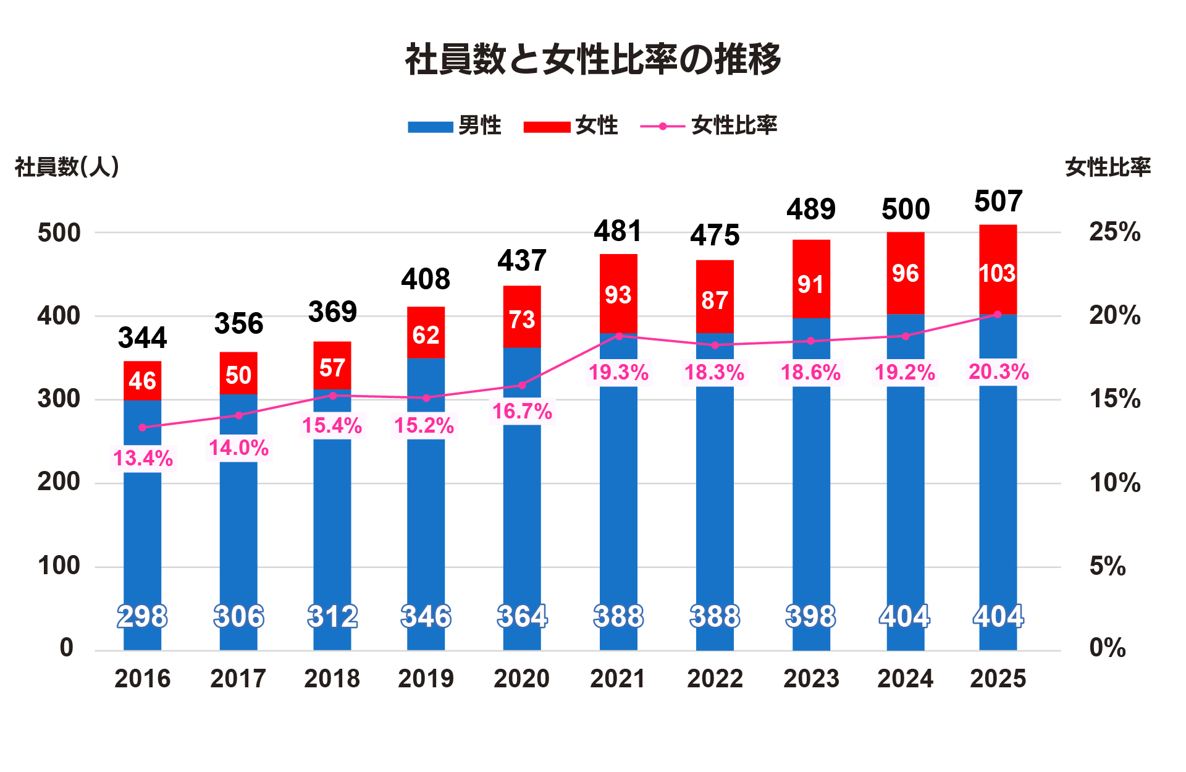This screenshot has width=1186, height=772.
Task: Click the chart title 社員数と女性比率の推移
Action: [x=593, y=60]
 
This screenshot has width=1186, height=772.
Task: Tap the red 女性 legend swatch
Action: [x=547, y=127]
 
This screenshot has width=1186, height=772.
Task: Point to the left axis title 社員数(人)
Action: [x=67, y=167]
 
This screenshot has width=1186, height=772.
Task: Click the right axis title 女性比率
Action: [x=1108, y=167]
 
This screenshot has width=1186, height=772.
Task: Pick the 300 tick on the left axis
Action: [x=59, y=399]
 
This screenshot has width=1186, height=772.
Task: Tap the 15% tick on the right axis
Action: [x=1114, y=399]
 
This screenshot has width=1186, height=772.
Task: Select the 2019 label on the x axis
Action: [x=426, y=679]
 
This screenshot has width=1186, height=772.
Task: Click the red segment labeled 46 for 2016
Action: [x=142, y=380]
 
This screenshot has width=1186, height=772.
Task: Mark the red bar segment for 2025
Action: [x=998, y=269]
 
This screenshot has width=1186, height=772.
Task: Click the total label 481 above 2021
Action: [x=618, y=231]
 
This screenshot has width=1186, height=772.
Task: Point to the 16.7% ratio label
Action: [x=522, y=411]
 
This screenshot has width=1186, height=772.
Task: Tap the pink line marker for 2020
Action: [x=522, y=385]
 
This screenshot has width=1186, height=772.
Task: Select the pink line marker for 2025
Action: [x=997, y=315]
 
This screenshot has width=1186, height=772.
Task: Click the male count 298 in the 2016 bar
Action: [x=142, y=616]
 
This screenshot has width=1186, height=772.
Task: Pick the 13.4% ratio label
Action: [x=143, y=458]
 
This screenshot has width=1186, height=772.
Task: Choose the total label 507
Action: [x=998, y=201]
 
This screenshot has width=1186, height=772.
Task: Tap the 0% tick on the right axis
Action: [x=1107, y=648]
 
